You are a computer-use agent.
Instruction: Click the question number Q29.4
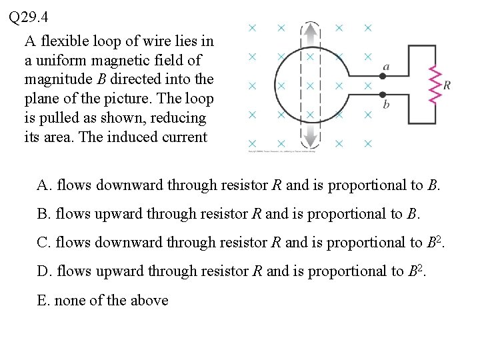tap(29, 16)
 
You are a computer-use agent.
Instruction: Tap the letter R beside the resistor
tap(447, 85)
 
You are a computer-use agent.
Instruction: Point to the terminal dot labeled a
tap(383, 76)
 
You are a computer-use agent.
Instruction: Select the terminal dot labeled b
tap(383, 95)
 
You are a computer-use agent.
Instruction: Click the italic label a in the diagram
tap(387, 66)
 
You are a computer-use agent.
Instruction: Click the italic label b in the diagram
tap(386, 105)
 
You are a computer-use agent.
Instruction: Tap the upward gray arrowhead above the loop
tap(310, 30)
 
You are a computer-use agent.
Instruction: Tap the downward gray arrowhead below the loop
tap(310, 140)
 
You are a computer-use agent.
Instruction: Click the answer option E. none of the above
tap(103, 300)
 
